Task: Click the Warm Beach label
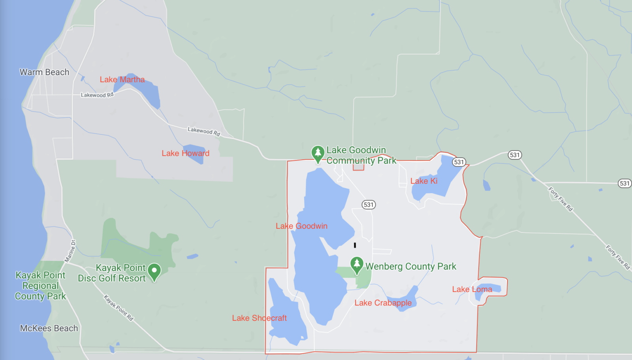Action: pyautogui.click(x=44, y=72)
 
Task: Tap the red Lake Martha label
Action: pyautogui.click(x=122, y=79)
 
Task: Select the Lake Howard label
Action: pyautogui.click(x=185, y=153)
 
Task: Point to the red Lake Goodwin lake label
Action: pyautogui.click(x=301, y=226)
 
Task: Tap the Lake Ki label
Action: pyautogui.click(x=423, y=181)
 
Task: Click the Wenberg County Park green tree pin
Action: pyautogui.click(x=357, y=265)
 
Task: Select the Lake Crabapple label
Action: pyautogui.click(x=383, y=303)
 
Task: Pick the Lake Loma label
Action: pyautogui.click(x=472, y=289)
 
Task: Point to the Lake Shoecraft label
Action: pyautogui.click(x=259, y=318)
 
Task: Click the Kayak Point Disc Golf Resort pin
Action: pyautogui.click(x=154, y=271)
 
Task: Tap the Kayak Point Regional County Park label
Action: pyautogui.click(x=40, y=286)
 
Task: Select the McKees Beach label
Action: pyautogui.click(x=49, y=328)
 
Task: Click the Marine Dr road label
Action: pyautogui.click(x=70, y=251)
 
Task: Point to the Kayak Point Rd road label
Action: pyautogui.click(x=118, y=308)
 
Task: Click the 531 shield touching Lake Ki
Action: pyautogui.click(x=459, y=162)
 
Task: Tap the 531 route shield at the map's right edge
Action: pyautogui.click(x=624, y=183)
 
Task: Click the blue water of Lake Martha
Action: pyautogui.click(x=148, y=93)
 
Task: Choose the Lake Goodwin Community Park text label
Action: pyautogui.click(x=361, y=155)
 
